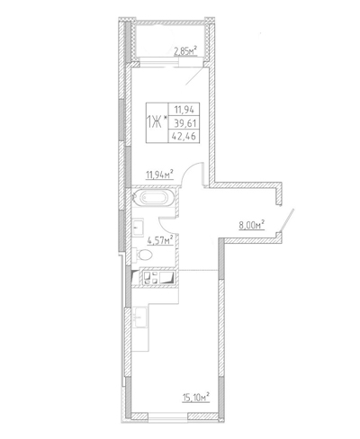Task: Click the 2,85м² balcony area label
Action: coord(185,51)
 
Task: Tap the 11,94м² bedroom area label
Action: coord(159,175)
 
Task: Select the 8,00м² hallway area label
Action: coord(251,225)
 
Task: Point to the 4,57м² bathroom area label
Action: coord(160,240)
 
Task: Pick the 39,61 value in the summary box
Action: coord(184,123)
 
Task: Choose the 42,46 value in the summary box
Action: coord(184,137)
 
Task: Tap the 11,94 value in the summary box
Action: coord(184,110)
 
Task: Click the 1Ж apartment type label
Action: coord(154,122)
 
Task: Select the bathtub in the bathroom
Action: coord(154,198)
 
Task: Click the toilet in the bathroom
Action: coord(142,255)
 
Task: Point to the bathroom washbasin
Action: coord(138,227)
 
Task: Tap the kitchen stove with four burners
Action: coord(150,277)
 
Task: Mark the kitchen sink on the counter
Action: coord(139,318)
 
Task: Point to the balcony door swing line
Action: coord(196,76)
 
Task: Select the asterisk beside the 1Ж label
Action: coord(166,120)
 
